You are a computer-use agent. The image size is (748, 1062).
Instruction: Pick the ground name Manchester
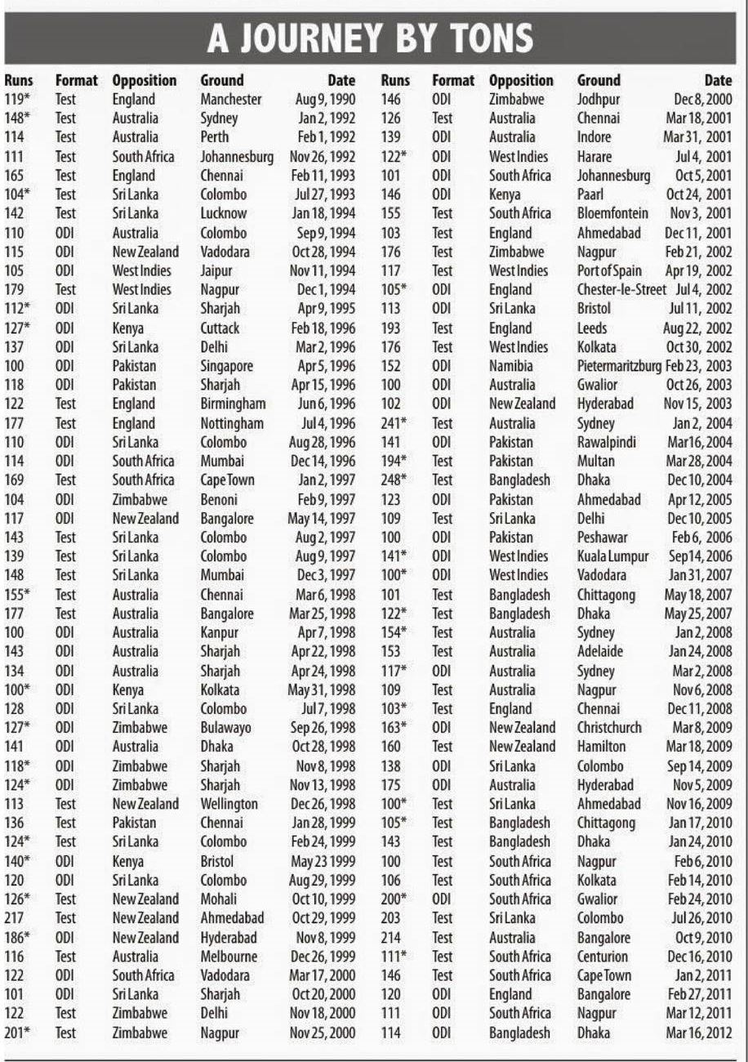231,100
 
